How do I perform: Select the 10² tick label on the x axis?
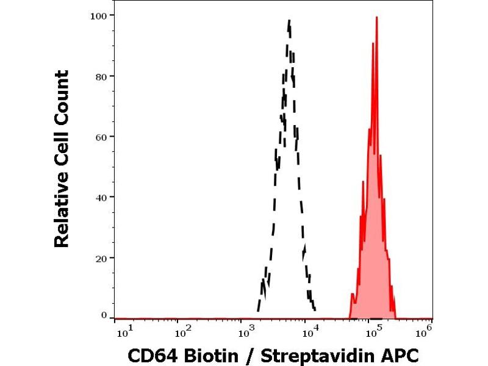coord(184,331)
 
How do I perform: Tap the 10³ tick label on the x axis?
coord(247,331)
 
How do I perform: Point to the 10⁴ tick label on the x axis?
coord(310,331)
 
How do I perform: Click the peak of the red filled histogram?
coord(377,18)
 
